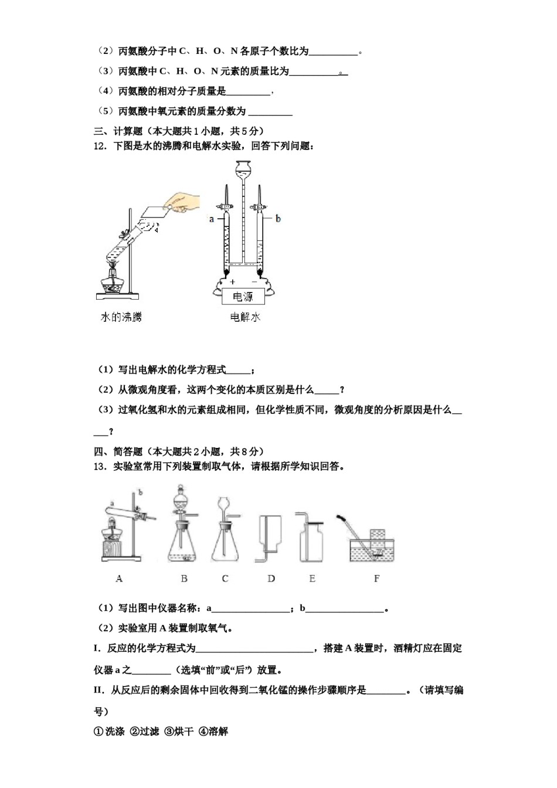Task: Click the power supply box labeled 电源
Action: (243, 297)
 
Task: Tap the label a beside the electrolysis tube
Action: (212, 219)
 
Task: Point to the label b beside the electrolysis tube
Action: (278, 219)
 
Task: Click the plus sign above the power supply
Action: (233, 282)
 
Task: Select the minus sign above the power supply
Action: (254, 282)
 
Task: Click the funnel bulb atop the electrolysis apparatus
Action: (243, 168)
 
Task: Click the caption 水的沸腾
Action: (121, 317)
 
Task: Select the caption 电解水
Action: (244, 317)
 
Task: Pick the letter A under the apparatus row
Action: (119, 579)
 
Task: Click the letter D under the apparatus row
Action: (271, 579)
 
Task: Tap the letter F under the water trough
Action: (376, 579)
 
